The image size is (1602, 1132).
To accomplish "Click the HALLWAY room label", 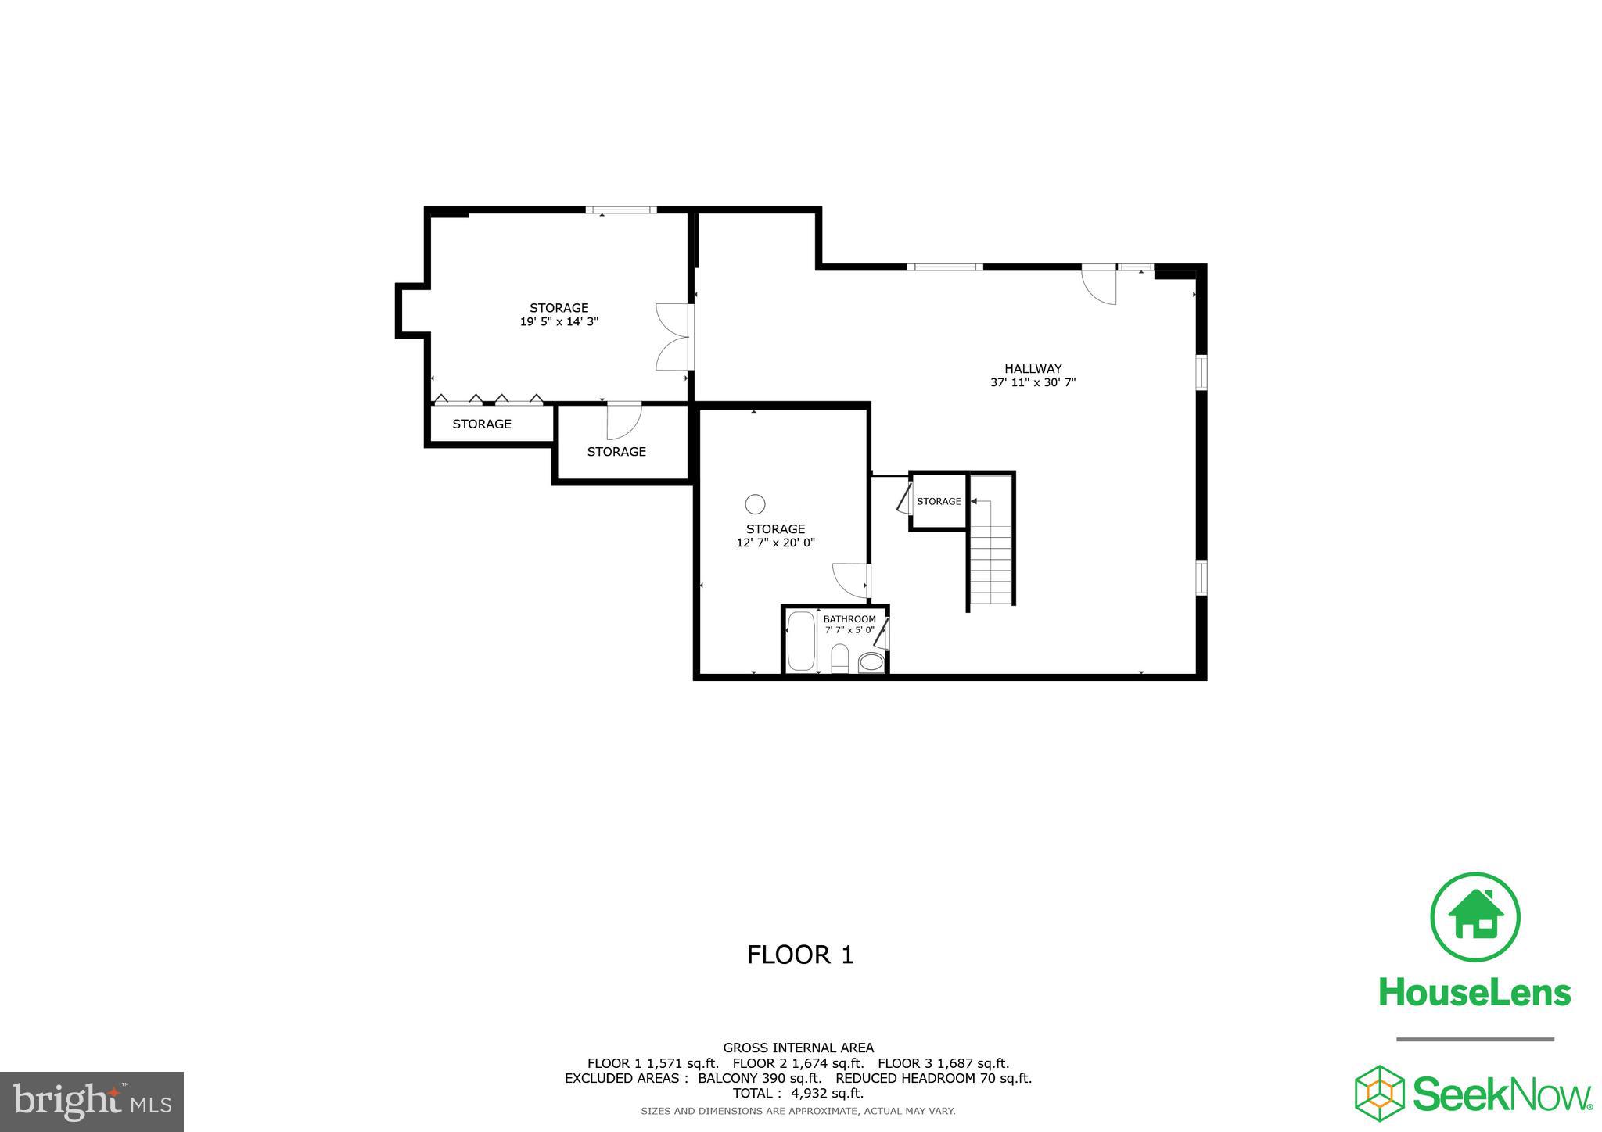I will coord(1033,369).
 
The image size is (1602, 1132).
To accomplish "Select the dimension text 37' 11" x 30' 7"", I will coord(1033,383).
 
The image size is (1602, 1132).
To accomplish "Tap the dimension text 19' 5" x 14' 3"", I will coord(559,321).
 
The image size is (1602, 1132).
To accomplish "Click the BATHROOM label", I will coord(849,619).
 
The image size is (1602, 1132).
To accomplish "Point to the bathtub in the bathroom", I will coord(800,641).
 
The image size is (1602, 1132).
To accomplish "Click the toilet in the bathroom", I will coord(839,659).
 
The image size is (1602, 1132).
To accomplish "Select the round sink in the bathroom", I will coord(871,664).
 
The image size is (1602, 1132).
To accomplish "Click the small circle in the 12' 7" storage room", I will coord(755,503).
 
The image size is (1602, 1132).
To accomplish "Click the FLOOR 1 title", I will coord(800,955).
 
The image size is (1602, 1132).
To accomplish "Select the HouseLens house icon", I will coord(1474,917).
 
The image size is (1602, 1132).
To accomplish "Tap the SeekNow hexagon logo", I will coord(1379,1092).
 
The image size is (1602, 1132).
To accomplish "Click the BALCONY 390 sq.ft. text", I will coord(760,1079).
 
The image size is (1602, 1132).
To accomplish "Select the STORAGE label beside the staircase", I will coord(939,502).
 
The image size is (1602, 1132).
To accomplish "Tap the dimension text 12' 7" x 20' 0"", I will coord(775,543).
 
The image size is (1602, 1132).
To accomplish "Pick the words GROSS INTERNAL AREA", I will coord(798,1048).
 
